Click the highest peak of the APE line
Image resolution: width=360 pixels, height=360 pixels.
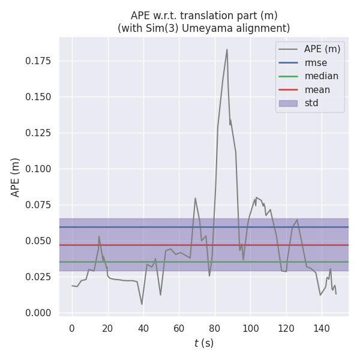pyautogui.click(x=227, y=50)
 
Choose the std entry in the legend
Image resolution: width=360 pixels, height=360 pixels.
pyautogui.click(x=311, y=103)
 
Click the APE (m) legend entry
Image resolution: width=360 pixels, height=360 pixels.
pyautogui.click(x=322, y=49)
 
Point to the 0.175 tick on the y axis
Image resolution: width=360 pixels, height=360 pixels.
pyautogui.click(x=37, y=61)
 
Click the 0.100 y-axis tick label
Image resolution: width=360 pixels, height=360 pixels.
pyautogui.click(x=37, y=169)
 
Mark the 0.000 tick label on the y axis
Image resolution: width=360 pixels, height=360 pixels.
pyautogui.click(x=37, y=313)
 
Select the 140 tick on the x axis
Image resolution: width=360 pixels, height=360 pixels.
pyautogui.click(x=322, y=328)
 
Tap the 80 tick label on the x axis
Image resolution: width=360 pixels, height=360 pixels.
pyautogui.click(x=215, y=328)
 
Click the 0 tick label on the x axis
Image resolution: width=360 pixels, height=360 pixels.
pyautogui.click(x=72, y=328)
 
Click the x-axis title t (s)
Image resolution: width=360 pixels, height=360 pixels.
pyautogui.click(x=203, y=343)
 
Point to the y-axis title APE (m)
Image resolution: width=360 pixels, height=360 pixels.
pyautogui.click(x=16, y=177)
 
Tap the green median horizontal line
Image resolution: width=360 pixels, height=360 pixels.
pyautogui.click(x=180, y=262)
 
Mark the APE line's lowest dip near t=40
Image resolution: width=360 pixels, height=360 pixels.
pyautogui.click(x=142, y=304)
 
